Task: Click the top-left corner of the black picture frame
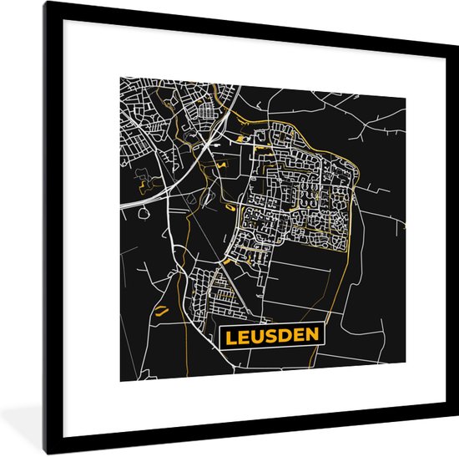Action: (x=47, y=3)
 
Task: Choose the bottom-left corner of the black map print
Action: (x=119, y=381)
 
